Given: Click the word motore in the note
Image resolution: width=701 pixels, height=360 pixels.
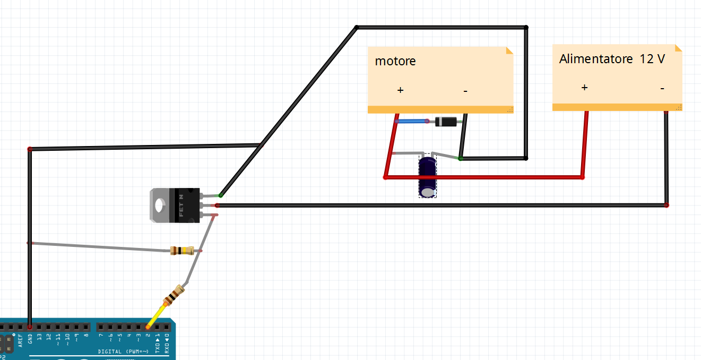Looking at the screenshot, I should (x=395, y=61).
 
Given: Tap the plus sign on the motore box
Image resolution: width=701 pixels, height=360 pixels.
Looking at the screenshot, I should (x=400, y=90).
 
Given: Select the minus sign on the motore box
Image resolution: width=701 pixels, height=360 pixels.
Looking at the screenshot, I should (x=465, y=91).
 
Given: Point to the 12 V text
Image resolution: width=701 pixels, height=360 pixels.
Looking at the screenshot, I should (x=652, y=59).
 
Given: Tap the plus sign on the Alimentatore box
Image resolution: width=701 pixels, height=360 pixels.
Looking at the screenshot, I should (x=584, y=88).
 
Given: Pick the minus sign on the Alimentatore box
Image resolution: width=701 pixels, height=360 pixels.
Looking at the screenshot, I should (x=662, y=88).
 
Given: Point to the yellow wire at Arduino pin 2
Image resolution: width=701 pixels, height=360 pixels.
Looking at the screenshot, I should (x=155, y=316).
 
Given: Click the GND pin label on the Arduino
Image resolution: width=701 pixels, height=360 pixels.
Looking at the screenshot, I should (x=30, y=338).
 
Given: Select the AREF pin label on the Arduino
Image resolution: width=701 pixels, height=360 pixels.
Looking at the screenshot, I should (x=20, y=338).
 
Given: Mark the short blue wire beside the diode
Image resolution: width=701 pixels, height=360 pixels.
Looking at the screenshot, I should (x=412, y=121).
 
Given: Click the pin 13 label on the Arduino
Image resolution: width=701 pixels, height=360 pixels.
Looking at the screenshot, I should (x=39, y=337).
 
